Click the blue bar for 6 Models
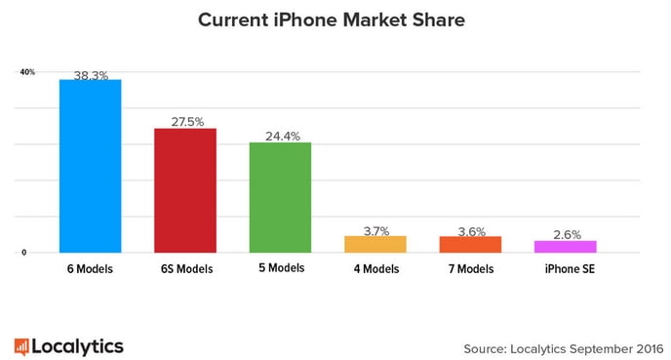pos(91,165)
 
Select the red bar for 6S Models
pos(185,189)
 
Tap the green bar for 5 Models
pos(280,197)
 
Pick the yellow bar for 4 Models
pos(375,244)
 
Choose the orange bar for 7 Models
pos(470,244)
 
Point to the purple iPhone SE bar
pos(566,246)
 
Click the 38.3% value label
pos(91,73)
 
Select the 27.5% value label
pos(185,121)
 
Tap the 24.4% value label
pos(280,136)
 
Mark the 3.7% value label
pos(375,230)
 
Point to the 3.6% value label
pos(470,230)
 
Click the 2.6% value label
pos(566,234)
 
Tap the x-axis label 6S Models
pos(185,268)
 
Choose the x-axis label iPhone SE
pos(566,268)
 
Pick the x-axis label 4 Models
pos(375,268)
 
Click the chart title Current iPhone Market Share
pos(335,20)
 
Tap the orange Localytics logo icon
pos(20,344)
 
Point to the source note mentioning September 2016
pos(556,345)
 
